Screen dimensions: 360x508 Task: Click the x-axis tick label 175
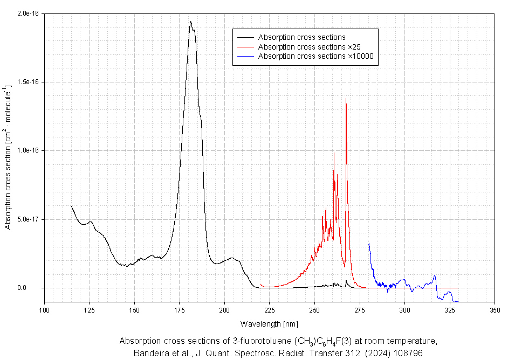[x=180, y=310]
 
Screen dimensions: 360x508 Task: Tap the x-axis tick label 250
[x=314, y=310]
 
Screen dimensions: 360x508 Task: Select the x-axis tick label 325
[x=449, y=310]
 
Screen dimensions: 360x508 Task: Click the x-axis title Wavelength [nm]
[x=269, y=323]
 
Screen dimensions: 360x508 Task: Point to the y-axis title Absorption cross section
[x=8, y=156]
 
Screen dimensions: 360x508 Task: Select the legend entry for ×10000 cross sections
[x=316, y=56]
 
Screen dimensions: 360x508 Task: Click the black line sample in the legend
[x=245, y=38]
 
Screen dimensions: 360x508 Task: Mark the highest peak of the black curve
[x=190, y=22]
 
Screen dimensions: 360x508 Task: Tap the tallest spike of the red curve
[x=346, y=99]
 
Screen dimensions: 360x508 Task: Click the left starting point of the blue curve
[x=369, y=244]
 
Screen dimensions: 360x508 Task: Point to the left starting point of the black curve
[x=72, y=206]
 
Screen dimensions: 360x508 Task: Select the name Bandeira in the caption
[x=149, y=353]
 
